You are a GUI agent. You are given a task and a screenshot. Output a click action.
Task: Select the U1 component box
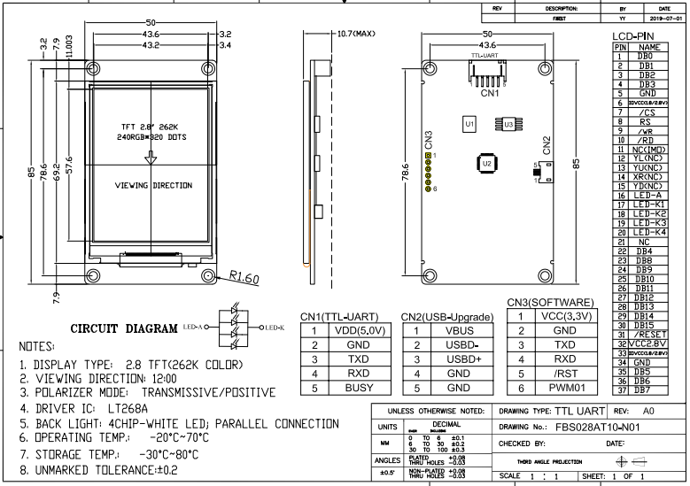pos(469,125)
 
